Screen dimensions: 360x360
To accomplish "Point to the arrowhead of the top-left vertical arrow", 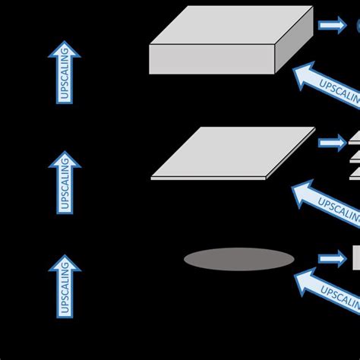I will [x=65, y=49].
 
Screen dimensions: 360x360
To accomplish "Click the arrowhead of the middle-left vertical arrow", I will [x=65, y=159].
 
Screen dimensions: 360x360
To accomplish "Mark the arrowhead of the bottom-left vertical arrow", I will [x=65, y=263].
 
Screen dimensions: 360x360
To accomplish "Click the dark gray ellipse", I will [x=238, y=260].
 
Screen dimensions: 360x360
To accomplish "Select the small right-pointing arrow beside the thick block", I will [x=331, y=26].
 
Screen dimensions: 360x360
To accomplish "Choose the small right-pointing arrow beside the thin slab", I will [x=331, y=143].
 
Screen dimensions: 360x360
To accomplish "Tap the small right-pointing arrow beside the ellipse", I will [x=331, y=259].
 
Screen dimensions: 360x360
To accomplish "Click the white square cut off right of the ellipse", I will [x=355, y=258].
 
